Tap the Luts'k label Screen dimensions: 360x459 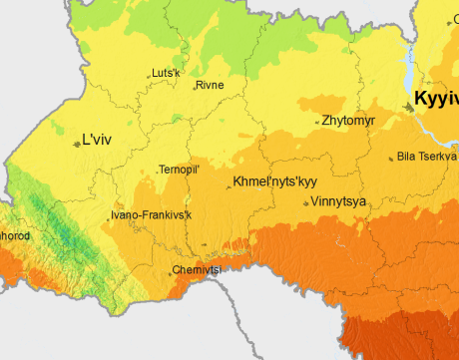[166, 73]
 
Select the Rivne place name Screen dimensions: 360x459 [211, 86]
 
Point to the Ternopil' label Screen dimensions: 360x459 [181, 171]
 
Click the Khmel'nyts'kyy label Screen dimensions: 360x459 [274, 182]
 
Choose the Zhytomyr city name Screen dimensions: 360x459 [348, 121]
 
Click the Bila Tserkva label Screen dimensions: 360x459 [427, 157]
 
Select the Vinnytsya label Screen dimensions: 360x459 [338, 201]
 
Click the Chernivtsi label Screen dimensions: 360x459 [197, 270]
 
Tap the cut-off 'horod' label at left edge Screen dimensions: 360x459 [15, 236]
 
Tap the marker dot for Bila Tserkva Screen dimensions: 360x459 [391, 158]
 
